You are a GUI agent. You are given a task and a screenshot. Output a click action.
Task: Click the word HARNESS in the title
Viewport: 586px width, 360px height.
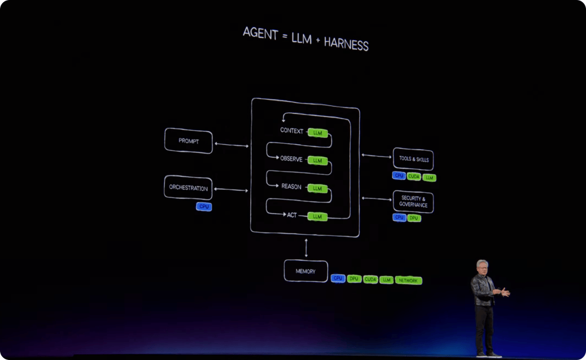pyautogui.click(x=346, y=44)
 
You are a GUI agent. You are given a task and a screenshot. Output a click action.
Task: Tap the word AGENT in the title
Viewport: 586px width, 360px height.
pyautogui.click(x=260, y=33)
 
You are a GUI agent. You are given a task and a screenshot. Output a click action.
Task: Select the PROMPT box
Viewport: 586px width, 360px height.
pyautogui.click(x=188, y=141)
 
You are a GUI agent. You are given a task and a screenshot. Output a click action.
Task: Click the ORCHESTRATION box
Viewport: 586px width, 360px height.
pyautogui.click(x=188, y=187)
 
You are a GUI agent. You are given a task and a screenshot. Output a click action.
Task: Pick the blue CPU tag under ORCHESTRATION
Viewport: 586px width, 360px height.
pyautogui.click(x=203, y=207)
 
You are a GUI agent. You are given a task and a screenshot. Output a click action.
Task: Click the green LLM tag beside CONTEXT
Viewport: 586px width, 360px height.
pyautogui.click(x=317, y=133)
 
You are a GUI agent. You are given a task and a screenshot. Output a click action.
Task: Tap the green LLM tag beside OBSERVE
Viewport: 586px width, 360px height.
pyautogui.click(x=317, y=160)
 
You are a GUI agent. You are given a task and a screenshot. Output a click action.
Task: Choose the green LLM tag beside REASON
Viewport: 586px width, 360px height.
pyautogui.click(x=317, y=189)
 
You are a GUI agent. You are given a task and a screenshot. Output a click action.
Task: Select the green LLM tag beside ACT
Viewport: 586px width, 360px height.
pyautogui.click(x=317, y=217)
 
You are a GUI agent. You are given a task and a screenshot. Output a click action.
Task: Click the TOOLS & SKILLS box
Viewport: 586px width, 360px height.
pyautogui.click(x=413, y=159)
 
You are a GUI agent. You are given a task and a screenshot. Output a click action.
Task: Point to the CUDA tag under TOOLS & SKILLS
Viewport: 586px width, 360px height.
pyautogui.click(x=413, y=176)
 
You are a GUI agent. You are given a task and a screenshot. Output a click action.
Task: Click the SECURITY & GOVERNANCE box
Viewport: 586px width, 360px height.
pyautogui.click(x=413, y=202)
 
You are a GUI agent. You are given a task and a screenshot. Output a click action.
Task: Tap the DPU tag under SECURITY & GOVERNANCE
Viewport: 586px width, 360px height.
pyautogui.click(x=413, y=218)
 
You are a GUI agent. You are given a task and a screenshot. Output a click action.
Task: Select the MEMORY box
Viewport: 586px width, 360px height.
pyautogui.click(x=305, y=271)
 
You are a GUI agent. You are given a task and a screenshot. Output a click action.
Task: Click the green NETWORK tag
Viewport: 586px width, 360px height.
pyautogui.click(x=408, y=280)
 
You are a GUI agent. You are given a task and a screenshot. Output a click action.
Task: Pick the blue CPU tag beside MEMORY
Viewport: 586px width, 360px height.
pyautogui.click(x=338, y=278)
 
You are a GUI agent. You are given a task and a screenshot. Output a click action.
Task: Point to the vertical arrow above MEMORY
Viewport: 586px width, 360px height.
pyautogui.click(x=306, y=248)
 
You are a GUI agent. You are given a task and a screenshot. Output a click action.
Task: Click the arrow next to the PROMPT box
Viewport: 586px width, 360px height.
pyautogui.click(x=232, y=145)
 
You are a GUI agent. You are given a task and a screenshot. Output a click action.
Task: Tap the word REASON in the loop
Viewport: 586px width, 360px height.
pyautogui.click(x=291, y=187)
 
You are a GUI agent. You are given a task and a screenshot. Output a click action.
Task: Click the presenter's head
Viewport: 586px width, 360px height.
pyautogui.click(x=482, y=267)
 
